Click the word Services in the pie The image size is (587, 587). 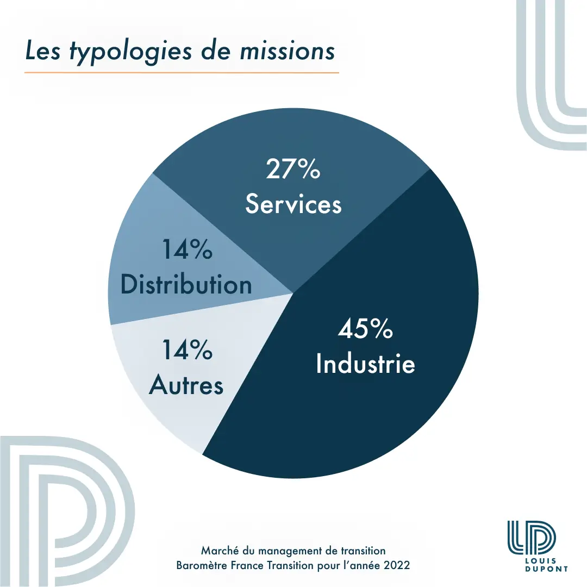coord(293,204)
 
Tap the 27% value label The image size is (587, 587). coord(293,170)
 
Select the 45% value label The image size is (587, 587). coord(365,329)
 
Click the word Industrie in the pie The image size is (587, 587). coord(365,364)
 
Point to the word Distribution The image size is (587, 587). coord(186,285)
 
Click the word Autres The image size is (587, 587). coord(186,385)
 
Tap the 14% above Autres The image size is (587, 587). coord(186,351)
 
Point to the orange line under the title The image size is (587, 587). coord(182,72)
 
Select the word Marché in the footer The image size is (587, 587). coord(217,551)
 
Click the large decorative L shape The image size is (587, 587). coord(549,82)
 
